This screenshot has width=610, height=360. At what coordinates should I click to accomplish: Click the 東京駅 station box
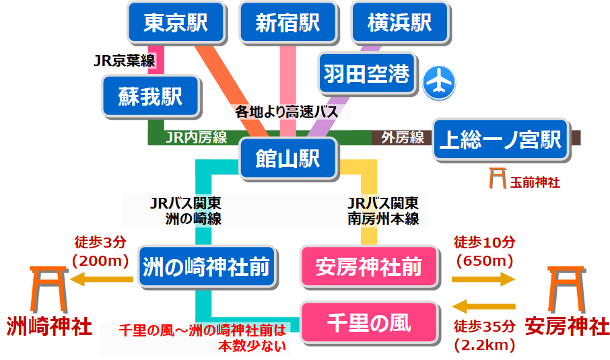[175, 24]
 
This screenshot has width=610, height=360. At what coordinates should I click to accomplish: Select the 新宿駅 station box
[287, 24]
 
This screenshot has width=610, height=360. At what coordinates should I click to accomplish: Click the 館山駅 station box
[287, 159]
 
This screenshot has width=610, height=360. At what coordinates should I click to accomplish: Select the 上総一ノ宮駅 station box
[500, 140]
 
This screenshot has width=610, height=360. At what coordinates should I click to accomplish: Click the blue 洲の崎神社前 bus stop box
[206, 267]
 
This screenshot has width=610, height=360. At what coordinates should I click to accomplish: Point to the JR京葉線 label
[124, 61]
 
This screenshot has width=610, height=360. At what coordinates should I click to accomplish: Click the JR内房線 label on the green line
[196, 138]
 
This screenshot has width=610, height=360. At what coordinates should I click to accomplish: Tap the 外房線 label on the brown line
[402, 138]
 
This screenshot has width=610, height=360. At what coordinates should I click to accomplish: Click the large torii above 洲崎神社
[48, 286]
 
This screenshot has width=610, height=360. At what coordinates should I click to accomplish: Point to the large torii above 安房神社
[566, 286]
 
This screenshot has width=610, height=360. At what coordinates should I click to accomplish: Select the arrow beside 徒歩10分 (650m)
[483, 279]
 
